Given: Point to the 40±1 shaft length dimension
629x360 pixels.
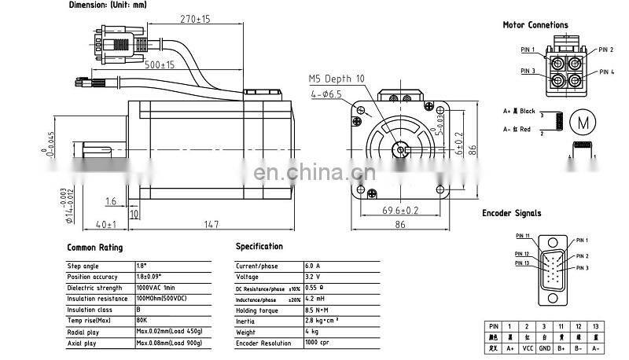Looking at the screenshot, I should [x=105, y=225].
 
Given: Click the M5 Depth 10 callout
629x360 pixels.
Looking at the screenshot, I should [x=336, y=79].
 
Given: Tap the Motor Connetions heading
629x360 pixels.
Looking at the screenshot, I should [x=535, y=25].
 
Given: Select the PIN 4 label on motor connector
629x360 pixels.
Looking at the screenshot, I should [x=606, y=72].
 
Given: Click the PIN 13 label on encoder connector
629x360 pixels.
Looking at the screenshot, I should [x=523, y=263].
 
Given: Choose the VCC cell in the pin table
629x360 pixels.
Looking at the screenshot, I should [x=528, y=348].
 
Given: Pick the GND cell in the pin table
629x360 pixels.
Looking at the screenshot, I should [x=545, y=348].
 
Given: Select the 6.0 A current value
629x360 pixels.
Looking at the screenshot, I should [x=313, y=266].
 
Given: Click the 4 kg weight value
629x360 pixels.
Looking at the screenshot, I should [x=311, y=332].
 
